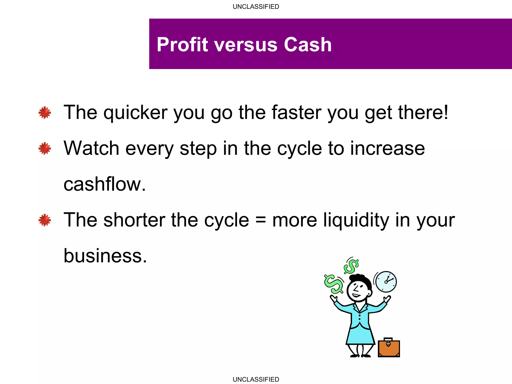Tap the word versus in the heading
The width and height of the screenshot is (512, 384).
[246, 45]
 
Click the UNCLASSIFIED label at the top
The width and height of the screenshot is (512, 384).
[256, 7]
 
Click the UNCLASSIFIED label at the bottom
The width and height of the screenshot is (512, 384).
[256, 379]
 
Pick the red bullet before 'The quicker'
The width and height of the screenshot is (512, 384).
[45, 112]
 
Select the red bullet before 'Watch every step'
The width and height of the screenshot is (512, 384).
[45, 148]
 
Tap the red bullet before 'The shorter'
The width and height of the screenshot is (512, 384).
[45, 220]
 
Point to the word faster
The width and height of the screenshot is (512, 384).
[296, 112]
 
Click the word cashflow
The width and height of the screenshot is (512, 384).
[104, 184]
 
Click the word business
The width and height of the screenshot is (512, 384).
[105, 256]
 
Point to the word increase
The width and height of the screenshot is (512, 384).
[387, 148]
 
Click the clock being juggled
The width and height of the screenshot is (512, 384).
[386, 281]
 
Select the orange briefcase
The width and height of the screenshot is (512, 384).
[389, 348]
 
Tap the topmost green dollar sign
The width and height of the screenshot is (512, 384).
[351, 266]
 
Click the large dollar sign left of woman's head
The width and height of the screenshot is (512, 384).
[334, 284]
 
